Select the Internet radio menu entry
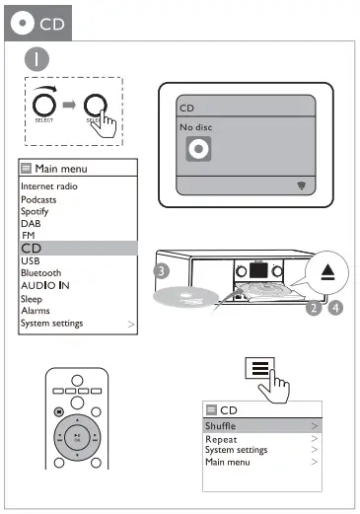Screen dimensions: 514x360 coord(48,186)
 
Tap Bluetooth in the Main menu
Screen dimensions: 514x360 coord(40,273)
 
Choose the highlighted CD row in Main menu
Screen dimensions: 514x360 coord(78,249)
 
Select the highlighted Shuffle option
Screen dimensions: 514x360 coord(261,426)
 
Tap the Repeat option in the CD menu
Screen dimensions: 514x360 coord(222,439)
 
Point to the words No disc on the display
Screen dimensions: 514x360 coord(196,127)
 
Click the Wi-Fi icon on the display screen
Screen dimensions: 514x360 coord(301,185)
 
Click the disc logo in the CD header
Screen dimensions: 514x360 coord(20,23)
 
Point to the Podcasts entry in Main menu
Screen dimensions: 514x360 coord(38,199)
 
